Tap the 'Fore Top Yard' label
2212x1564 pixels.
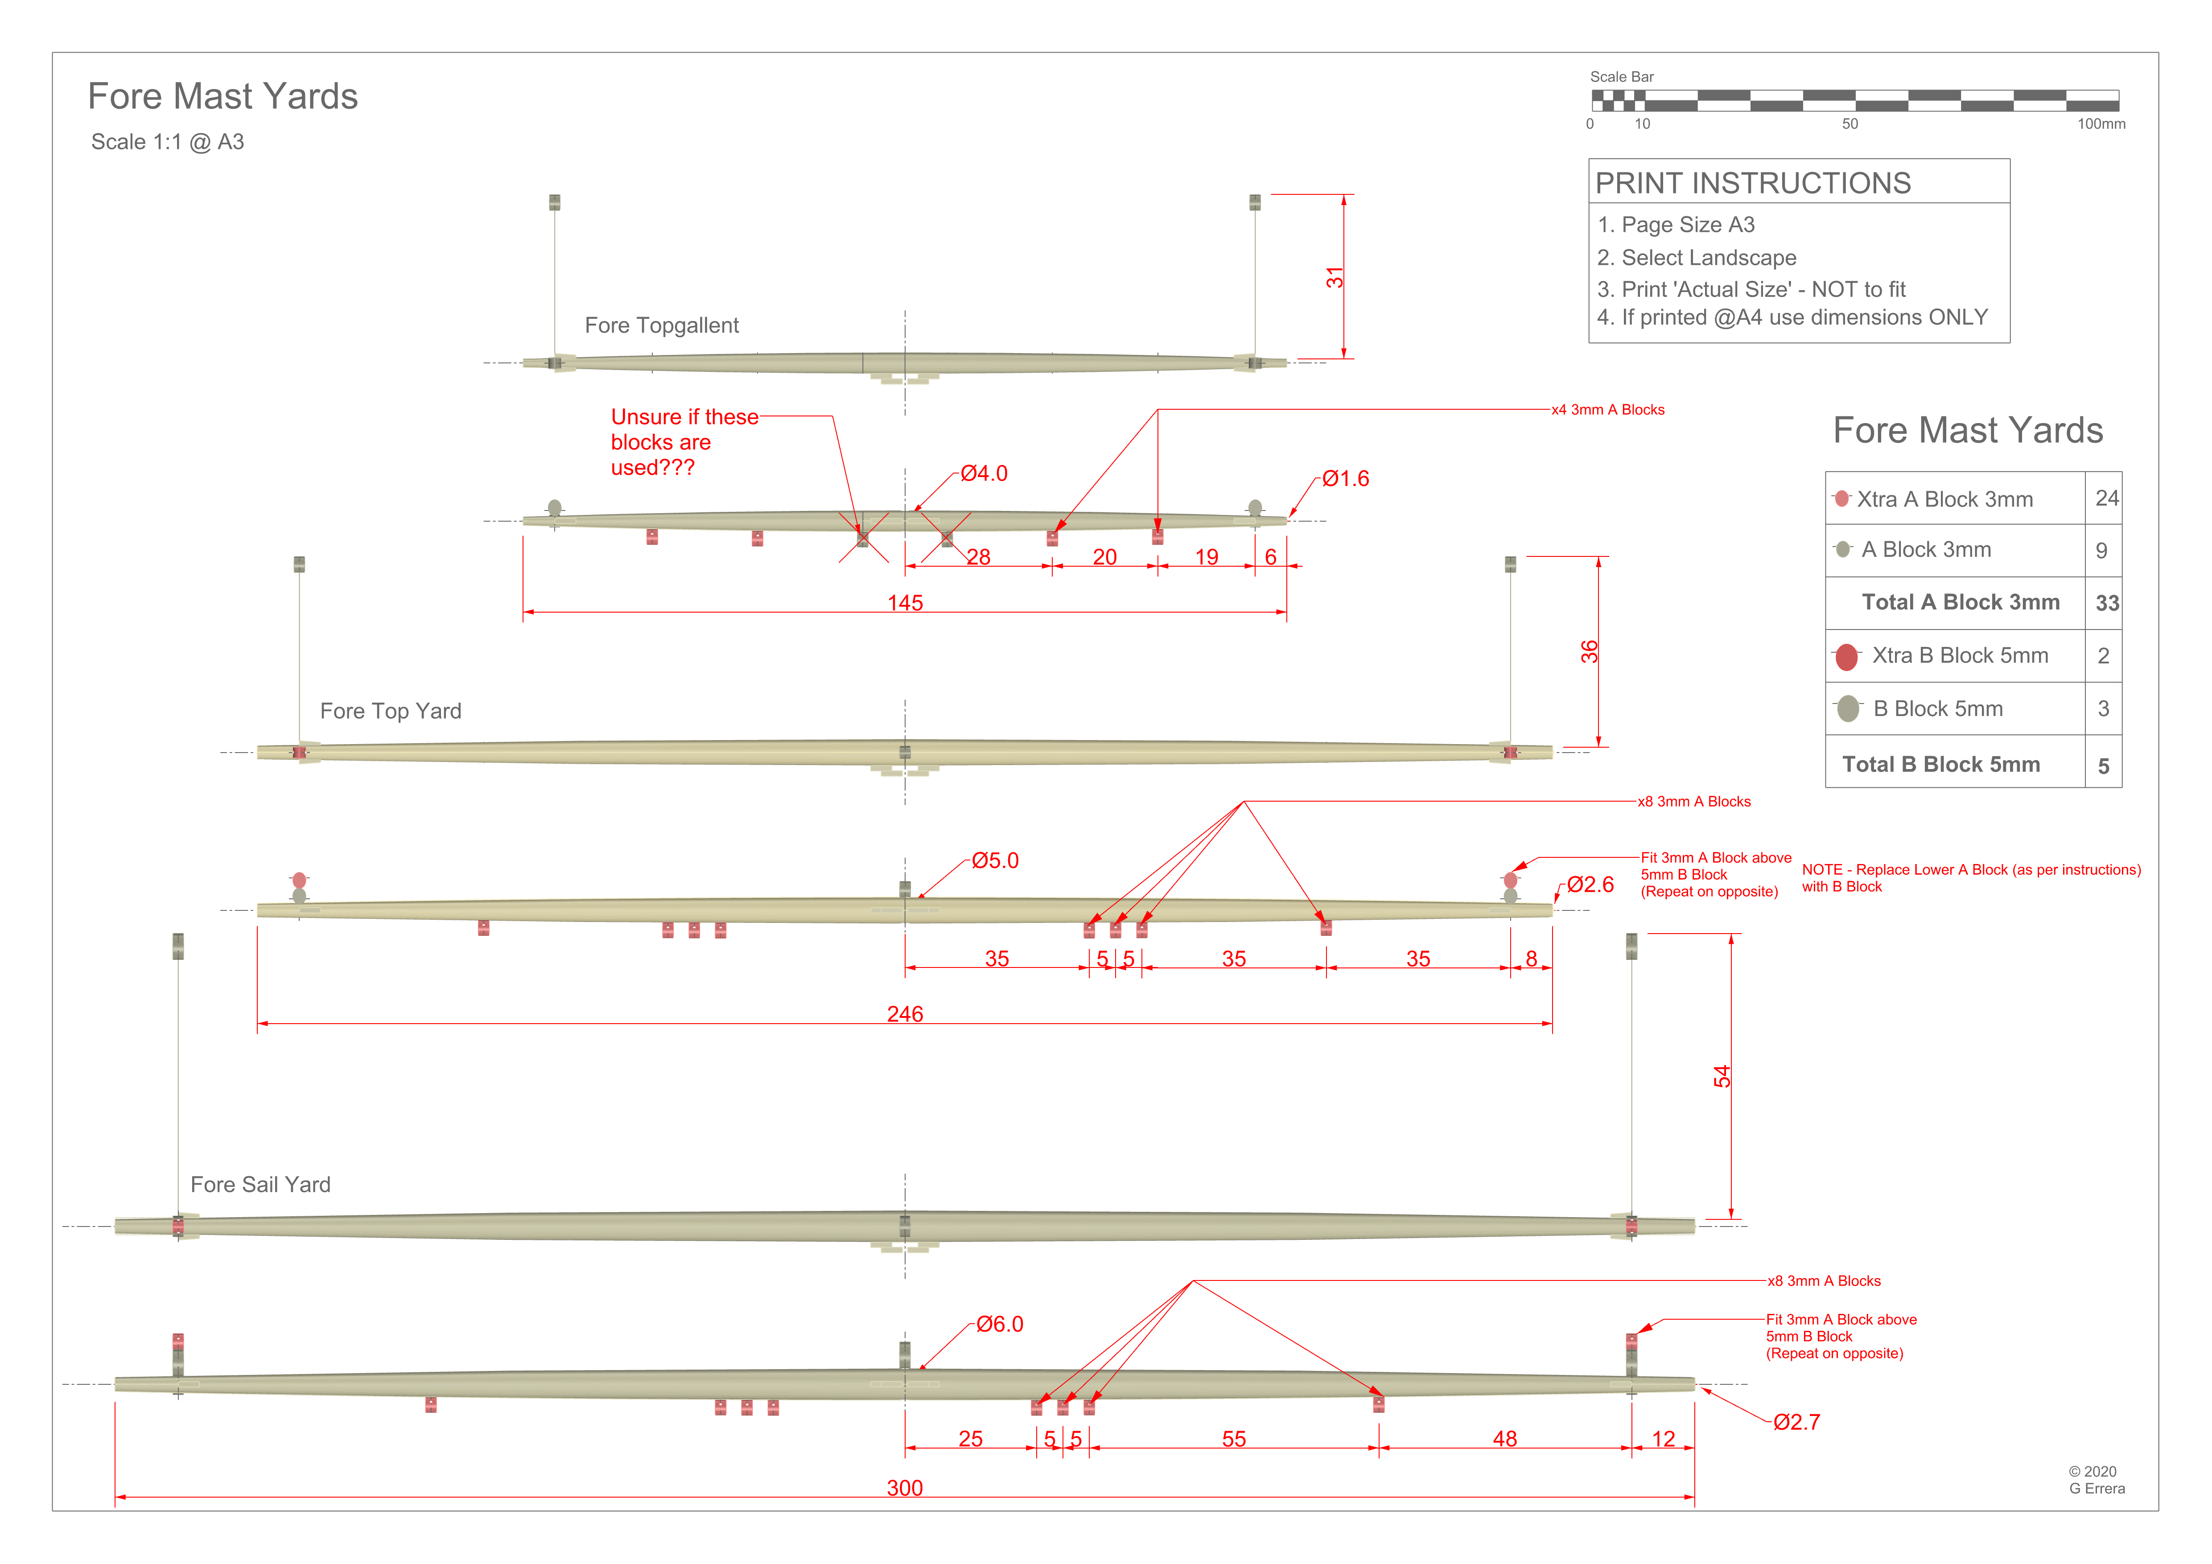click(390, 711)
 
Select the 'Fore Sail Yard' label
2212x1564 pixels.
click(260, 1185)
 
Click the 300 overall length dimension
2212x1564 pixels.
click(905, 1488)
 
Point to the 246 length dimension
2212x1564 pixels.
click(905, 1014)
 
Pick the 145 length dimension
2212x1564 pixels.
click(905, 603)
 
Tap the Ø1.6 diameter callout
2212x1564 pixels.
click(1345, 479)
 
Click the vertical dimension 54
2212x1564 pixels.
click(1722, 1077)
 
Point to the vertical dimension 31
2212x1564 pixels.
click(1335, 277)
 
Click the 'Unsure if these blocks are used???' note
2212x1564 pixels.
click(684, 442)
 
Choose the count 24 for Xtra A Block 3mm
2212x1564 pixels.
click(2106, 498)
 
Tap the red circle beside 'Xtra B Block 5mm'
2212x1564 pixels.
click(1846, 657)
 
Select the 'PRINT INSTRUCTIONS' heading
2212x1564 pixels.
click(1752, 183)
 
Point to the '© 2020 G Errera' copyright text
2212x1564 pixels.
click(2097, 1479)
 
